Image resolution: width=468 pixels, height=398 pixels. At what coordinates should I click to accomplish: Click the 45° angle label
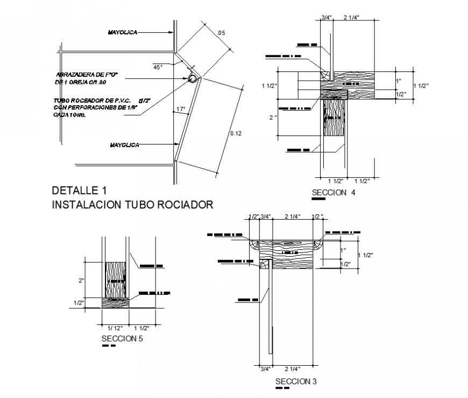[x=158, y=67]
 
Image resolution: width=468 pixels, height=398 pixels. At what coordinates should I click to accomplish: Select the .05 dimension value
[x=221, y=33]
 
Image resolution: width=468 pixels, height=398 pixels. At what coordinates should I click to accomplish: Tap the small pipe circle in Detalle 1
[x=192, y=79]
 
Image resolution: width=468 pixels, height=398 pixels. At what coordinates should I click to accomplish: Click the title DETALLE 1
[x=80, y=190]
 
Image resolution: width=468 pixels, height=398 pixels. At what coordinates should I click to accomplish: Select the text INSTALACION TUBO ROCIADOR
[x=132, y=205]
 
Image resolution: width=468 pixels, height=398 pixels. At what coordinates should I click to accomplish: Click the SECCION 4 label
[x=334, y=193]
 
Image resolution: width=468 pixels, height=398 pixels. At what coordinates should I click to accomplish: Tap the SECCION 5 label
[x=122, y=338]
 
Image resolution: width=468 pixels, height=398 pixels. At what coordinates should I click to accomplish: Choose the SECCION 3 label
[x=296, y=381]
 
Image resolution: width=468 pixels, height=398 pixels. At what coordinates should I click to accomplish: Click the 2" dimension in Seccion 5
[x=82, y=280]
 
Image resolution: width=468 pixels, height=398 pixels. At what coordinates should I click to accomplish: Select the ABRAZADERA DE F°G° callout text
[x=89, y=74]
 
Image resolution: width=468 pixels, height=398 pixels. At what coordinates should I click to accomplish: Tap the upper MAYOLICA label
[x=123, y=33]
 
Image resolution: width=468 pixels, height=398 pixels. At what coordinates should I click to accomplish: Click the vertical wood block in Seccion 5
[x=115, y=280]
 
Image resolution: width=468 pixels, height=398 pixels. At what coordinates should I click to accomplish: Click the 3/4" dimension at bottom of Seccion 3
[x=265, y=369]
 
